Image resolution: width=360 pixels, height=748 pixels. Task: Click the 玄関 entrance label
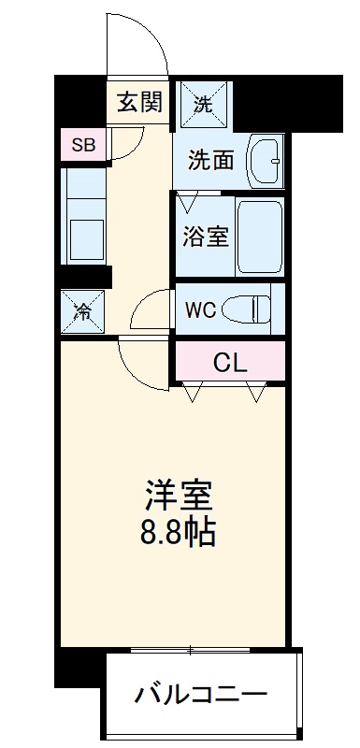[139, 100]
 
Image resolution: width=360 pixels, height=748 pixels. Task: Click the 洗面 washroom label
[210, 160]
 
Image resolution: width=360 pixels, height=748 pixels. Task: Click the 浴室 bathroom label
[204, 236]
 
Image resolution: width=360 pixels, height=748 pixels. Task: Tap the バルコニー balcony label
[201, 695]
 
